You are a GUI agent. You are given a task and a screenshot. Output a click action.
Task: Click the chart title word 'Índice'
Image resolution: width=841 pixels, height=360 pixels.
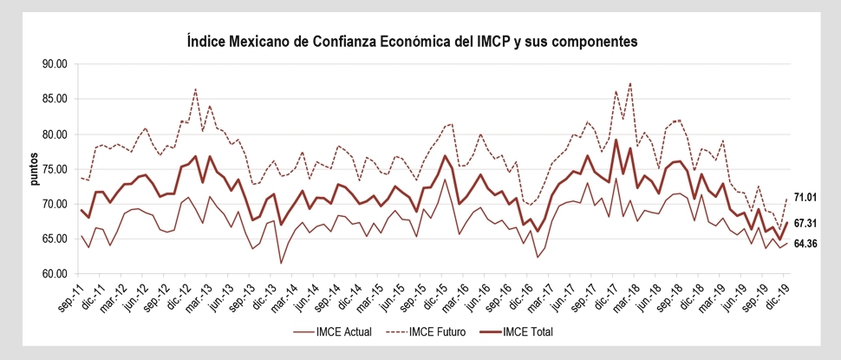pos(207,41)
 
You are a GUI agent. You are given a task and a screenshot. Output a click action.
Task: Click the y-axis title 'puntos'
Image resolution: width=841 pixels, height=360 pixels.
pos(34,169)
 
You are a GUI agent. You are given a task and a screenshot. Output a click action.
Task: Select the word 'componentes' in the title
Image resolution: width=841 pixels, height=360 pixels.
pos(595,41)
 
